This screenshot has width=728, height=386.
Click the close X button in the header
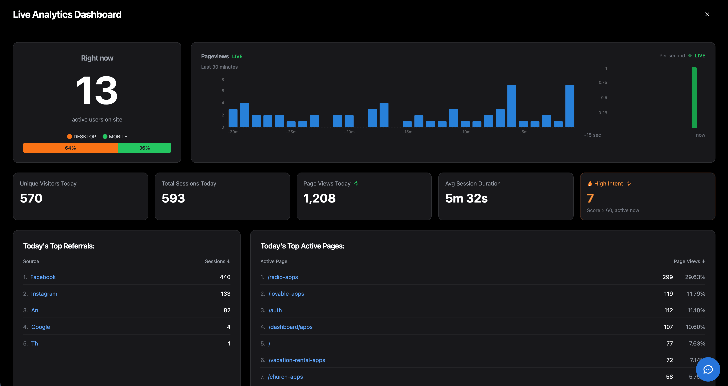coord(707,14)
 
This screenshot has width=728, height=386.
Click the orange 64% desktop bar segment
coord(70,148)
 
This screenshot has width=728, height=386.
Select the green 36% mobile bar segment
coord(144,148)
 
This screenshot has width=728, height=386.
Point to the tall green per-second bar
coord(694,98)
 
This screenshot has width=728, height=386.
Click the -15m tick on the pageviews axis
coord(407,132)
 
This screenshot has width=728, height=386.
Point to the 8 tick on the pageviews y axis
coord(223,80)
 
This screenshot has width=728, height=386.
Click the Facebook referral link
coord(43,277)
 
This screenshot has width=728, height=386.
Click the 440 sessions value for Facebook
coord(225,277)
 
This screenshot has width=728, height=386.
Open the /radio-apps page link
coord(283,277)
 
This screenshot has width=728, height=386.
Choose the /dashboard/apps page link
coord(291,327)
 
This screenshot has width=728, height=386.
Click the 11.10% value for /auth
coord(696,310)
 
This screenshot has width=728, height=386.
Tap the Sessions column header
coord(217,261)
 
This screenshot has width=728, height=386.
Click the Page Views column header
coord(689,261)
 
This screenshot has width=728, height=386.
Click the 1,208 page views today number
coord(319,198)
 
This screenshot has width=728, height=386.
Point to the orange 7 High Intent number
coord(590,198)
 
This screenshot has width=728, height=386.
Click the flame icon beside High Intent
coord(590,183)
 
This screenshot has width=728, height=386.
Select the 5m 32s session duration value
coord(466,198)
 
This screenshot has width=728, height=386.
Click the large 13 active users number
coord(97,91)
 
